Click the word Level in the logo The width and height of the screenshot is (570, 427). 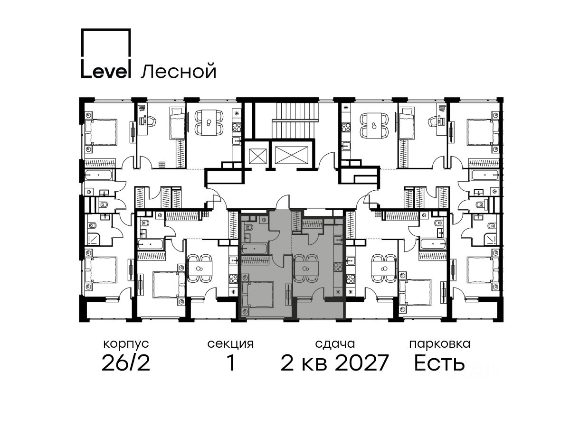(105, 70)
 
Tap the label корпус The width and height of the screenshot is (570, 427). (126, 344)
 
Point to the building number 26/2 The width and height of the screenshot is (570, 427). (126, 363)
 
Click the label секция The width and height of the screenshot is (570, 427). (230, 344)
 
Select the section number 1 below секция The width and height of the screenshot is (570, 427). (231, 363)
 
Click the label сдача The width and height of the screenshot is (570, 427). (335, 344)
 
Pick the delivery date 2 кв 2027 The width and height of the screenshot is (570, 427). (335, 363)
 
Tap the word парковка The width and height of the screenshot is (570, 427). (440, 344)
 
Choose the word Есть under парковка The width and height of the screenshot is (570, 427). (439, 363)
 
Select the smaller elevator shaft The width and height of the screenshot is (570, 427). (258, 157)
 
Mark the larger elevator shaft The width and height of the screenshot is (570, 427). (291, 155)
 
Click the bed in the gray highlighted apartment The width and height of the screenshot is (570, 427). (258, 295)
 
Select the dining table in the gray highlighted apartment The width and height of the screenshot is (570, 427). (305, 269)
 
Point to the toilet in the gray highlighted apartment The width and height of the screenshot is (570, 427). (249, 228)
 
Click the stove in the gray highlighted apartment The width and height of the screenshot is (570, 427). (338, 267)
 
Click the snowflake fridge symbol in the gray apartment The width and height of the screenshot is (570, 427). (338, 292)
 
